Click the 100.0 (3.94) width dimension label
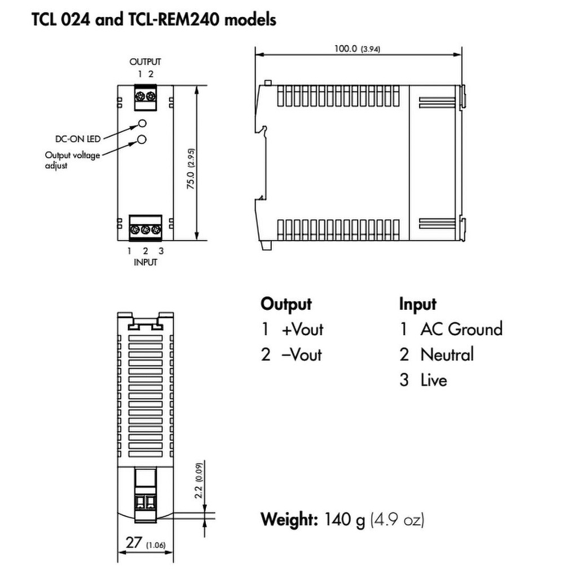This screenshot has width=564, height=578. click(357, 49)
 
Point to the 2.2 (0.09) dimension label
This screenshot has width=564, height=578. click(199, 480)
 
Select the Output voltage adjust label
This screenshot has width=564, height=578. click(72, 160)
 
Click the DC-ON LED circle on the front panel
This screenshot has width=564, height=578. click(142, 124)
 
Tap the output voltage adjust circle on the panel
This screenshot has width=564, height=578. click(142, 139)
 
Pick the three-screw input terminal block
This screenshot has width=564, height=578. click(146, 229)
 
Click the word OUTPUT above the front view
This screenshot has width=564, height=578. click(145, 62)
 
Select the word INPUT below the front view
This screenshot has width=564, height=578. click(145, 262)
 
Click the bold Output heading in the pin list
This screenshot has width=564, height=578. click(285, 304)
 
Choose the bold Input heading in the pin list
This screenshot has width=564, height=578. click(418, 304)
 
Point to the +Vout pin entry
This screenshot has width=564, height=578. click(302, 329)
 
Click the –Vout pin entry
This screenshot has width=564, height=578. click(302, 354)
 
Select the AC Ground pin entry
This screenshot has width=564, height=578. click(460, 329)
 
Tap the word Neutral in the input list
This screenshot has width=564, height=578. click(447, 354)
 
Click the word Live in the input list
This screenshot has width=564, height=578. click(433, 380)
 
